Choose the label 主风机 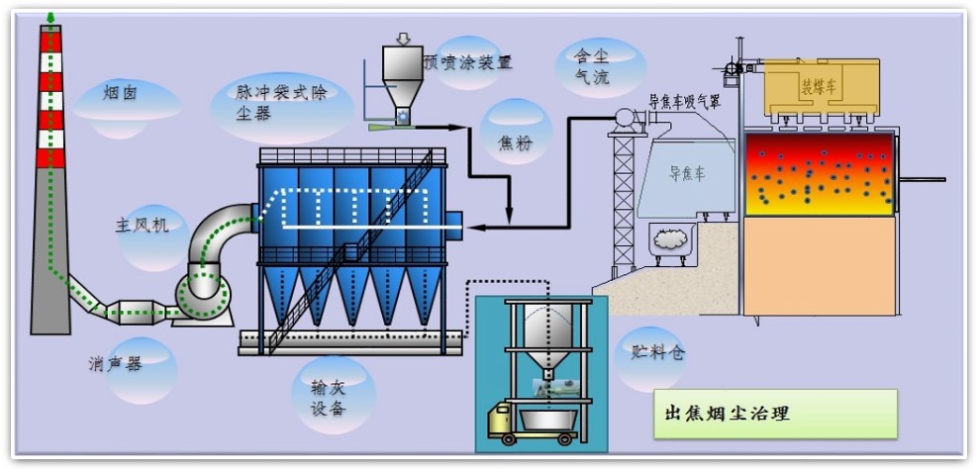point(142,225)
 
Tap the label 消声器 point(116,363)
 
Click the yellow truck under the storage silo point(507,420)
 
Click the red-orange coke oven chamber point(820,173)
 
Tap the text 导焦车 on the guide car point(685,174)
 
